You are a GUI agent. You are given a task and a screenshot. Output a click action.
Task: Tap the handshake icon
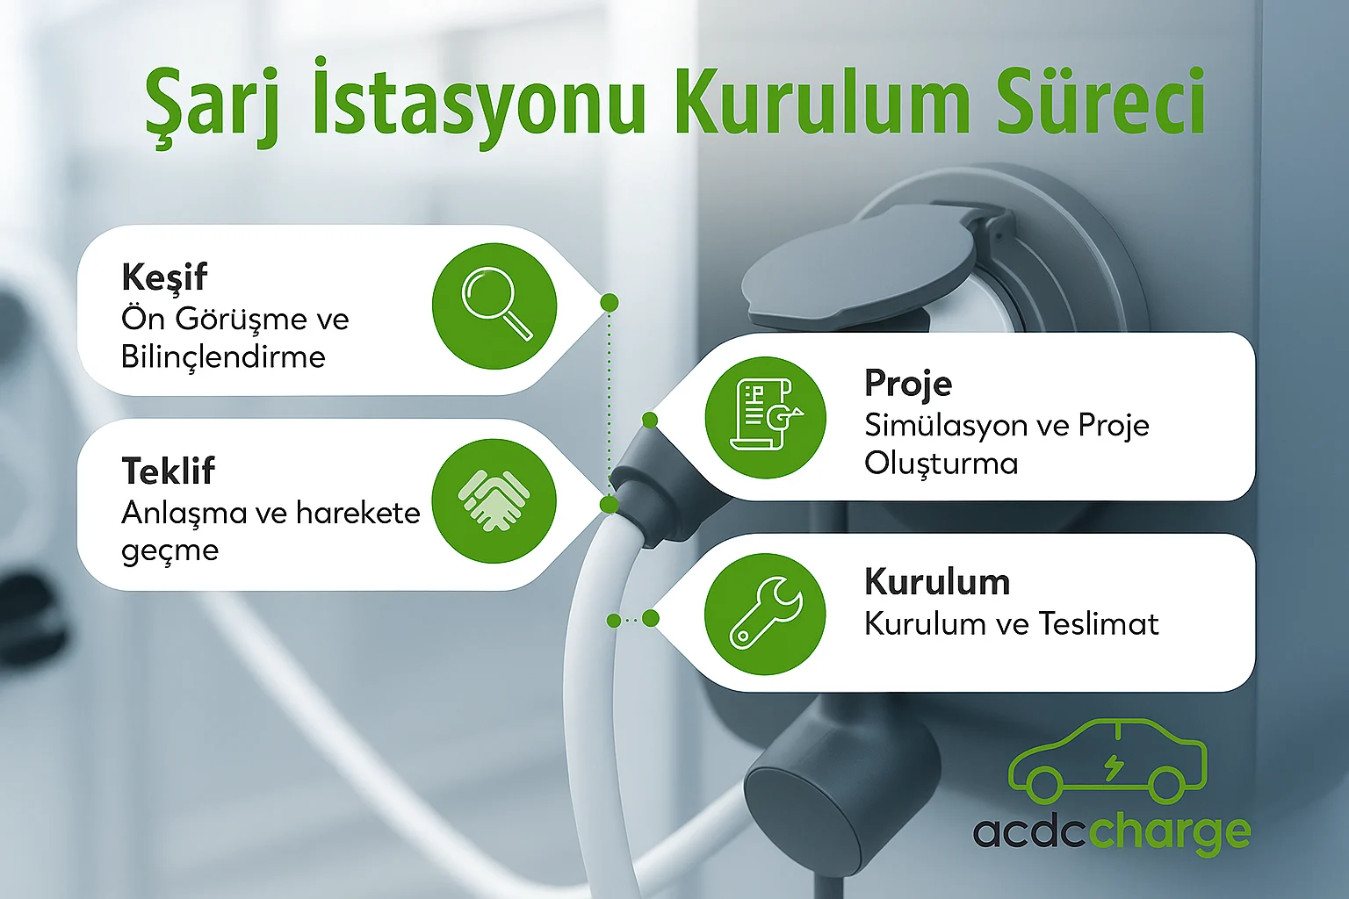tap(494, 500)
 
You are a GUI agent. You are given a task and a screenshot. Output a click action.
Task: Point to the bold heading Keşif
tap(164, 277)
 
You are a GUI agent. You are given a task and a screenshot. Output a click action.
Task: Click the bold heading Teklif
tap(168, 471)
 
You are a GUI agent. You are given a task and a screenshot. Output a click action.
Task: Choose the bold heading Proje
tap(908, 384)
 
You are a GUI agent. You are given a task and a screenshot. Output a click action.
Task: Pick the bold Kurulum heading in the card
tap(937, 582)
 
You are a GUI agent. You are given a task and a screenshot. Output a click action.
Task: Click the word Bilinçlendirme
tap(223, 357)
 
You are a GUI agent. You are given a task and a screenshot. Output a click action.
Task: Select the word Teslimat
tap(1099, 624)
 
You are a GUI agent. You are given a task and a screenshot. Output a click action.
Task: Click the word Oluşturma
tap(941, 464)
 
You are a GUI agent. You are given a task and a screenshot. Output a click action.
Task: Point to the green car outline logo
tap(1107, 761)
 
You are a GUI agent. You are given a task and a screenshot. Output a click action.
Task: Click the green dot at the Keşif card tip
tap(609, 302)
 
